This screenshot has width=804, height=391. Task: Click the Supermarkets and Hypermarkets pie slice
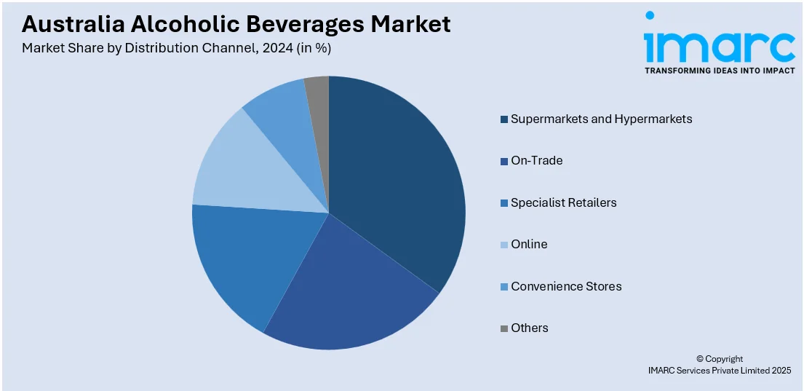point(397,182)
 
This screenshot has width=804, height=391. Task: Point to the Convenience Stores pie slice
point(280,109)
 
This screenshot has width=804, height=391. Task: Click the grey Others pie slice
point(318,91)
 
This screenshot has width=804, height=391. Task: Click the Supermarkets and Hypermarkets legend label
point(601,119)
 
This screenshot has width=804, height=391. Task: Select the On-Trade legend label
point(536,160)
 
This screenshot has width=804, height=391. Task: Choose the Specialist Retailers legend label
point(563,202)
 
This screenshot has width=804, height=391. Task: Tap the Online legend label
point(529,244)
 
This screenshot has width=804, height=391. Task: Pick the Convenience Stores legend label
point(566,286)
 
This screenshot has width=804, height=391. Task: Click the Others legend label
point(529,328)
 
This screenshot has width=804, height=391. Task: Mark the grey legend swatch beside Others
point(504,328)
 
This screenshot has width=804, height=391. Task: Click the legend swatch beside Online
point(504,245)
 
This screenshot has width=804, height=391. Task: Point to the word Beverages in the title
point(306,24)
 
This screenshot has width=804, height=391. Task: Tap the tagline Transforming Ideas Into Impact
point(719,71)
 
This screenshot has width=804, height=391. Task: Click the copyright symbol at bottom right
point(700,359)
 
